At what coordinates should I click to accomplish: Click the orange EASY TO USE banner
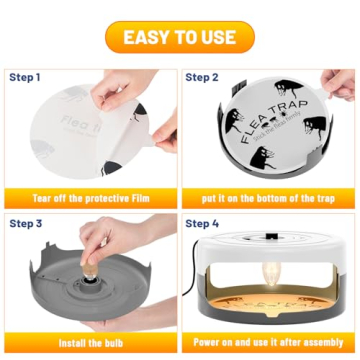click(x=180, y=39)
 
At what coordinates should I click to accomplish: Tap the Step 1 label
click(x=26, y=76)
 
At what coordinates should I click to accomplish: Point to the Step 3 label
click(x=26, y=224)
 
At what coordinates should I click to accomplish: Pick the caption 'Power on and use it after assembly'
click(x=267, y=343)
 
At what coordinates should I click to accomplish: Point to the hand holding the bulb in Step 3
click(x=100, y=245)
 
